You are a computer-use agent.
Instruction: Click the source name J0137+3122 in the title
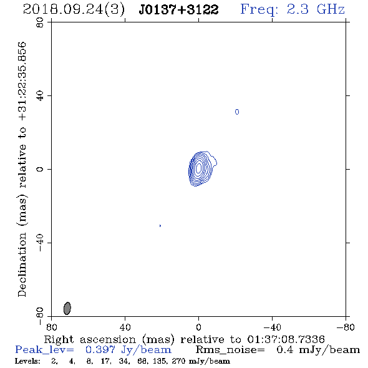click(178, 10)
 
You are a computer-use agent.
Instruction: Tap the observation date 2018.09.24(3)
click(74, 10)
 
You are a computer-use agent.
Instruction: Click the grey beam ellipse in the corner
click(67, 308)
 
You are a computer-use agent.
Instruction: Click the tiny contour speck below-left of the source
click(160, 226)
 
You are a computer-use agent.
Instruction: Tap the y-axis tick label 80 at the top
click(40, 22)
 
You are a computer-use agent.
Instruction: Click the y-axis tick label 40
click(40, 96)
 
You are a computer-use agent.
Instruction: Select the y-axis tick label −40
click(40, 243)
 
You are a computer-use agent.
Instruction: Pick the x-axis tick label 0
click(198, 327)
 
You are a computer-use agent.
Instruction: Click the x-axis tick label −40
click(272, 327)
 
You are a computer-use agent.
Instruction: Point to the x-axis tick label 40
click(125, 327)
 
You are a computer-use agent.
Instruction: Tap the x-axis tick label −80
click(346, 327)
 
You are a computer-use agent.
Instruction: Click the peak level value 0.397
click(100, 350)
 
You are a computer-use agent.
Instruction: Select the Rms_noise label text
click(230, 350)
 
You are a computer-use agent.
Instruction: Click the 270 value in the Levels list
click(178, 361)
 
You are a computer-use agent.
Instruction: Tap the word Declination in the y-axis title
click(22, 264)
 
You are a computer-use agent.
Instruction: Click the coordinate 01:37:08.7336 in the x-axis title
click(286, 339)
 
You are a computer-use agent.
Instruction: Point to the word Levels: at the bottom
click(27, 361)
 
